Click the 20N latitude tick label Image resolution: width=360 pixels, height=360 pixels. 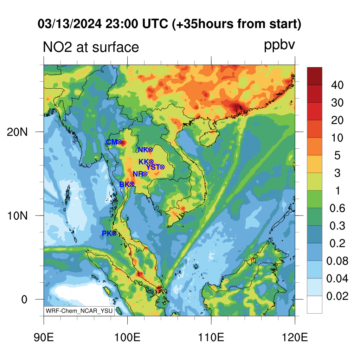(x=17, y=132)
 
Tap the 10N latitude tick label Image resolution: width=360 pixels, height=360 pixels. (x=17, y=216)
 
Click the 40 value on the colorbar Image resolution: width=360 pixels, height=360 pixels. (x=337, y=85)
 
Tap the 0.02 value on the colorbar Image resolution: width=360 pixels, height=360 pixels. (x=337, y=296)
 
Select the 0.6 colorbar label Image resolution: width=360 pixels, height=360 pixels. (x=337, y=208)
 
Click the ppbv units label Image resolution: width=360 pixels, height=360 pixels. (x=279, y=45)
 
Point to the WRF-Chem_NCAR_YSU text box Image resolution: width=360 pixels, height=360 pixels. (x=79, y=311)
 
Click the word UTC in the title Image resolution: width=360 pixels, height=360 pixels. (x=155, y=24)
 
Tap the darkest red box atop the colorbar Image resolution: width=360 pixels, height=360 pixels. (x=315, y=76)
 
